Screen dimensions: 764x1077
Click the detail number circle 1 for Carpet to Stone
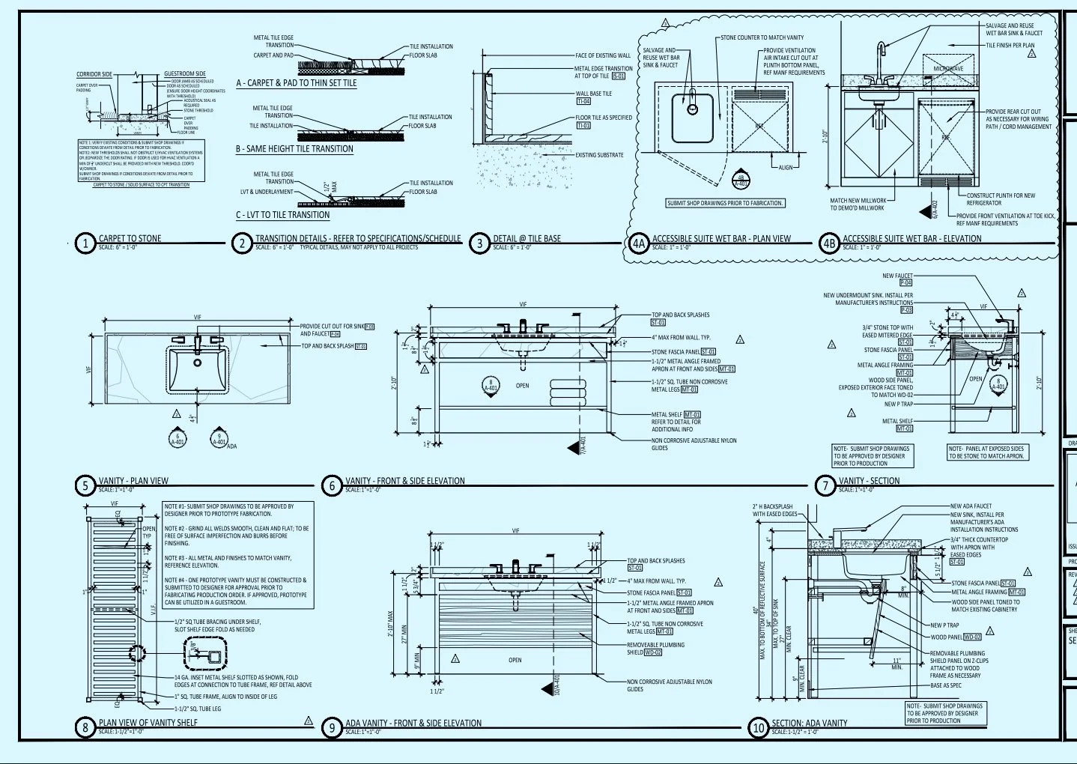pos(85,243)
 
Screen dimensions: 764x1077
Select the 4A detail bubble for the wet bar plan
pos(638,243)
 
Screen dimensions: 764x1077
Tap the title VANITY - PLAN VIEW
pos(133,481)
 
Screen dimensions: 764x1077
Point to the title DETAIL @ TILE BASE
pos(527,238)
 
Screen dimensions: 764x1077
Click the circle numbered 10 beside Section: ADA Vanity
pos(759,727)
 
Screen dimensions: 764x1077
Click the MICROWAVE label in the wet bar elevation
pos(948,69)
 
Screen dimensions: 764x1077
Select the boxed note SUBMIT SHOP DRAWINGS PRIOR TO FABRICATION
pos(725,203)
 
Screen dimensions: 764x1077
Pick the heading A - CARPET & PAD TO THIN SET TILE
pos(297,83)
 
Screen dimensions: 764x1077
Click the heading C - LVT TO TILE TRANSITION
pos(282,215)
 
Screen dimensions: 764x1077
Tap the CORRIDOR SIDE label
pos(94,74)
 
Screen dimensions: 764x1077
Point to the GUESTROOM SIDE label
pos(185,74)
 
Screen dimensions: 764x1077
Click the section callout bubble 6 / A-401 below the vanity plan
pos(178,439)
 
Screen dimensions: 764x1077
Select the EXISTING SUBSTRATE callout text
pos(599,155)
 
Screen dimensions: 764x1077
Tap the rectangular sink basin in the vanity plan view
pos(198,369)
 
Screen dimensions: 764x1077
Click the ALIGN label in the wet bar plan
pos(785,167)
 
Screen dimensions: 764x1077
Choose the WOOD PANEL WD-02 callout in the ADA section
pos(956,637)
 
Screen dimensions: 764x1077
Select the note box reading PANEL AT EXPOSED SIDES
pos(986,452)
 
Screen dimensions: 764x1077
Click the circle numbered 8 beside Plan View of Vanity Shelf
pos(85,727)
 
